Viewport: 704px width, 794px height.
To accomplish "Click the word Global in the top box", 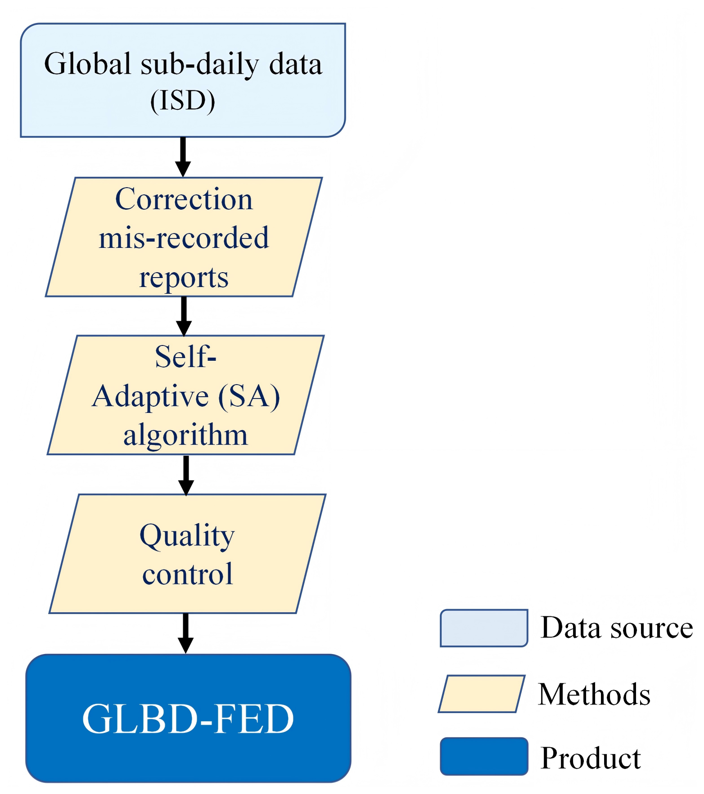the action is (88, 64).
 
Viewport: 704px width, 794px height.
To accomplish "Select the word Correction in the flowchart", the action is (184, 199).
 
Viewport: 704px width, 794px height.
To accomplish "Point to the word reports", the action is (184, 278).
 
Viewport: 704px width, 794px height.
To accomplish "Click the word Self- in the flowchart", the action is (185, 357).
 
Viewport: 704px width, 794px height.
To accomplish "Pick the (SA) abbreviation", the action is (249, 396).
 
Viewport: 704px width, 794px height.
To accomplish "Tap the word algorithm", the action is (185, 435).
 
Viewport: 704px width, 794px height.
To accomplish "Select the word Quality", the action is (187, 536).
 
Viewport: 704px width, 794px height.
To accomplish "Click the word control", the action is (188, 574).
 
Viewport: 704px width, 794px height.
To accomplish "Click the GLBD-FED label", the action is (188, 719).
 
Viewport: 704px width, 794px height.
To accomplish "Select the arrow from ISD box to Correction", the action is (183, 157).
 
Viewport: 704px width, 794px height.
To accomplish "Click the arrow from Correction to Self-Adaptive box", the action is (184, 316).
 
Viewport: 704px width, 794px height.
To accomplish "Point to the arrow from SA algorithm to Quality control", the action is (186, 476).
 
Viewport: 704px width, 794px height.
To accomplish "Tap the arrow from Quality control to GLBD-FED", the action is (185, 633).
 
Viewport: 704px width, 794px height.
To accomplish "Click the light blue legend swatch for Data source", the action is (484, 628).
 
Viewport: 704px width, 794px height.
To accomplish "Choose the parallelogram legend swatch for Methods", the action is (482, 694).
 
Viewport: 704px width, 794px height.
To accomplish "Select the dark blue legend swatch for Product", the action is (484, 756).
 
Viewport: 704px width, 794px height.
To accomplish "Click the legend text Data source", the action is (617, 628).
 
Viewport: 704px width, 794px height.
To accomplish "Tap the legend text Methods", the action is (594, 694).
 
